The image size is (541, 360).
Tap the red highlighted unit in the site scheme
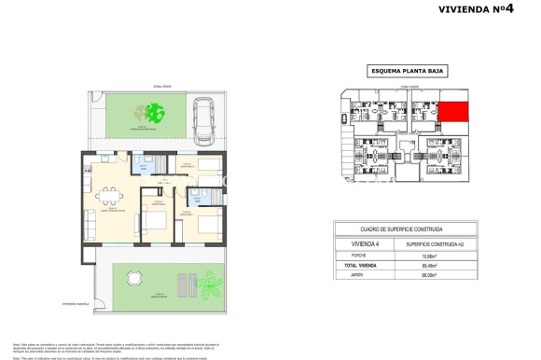tap(454, 113)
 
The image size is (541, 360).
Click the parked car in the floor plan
tap(204, 121)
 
